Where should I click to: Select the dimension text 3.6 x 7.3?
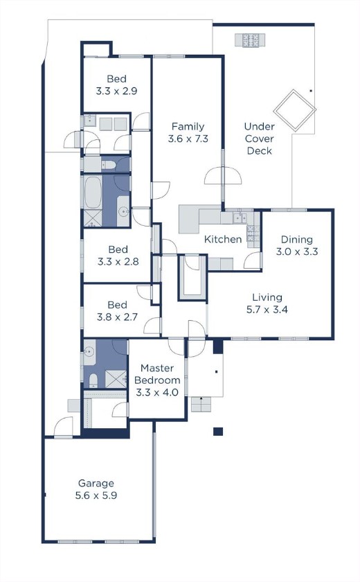(187, 139)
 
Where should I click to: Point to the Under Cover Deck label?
(260, 139)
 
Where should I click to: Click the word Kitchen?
(223, 240)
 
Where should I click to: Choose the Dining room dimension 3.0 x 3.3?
(297, 252)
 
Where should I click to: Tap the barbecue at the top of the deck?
(250, 40)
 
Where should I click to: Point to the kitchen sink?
(238, 218)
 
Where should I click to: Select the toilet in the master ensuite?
(92, 378)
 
